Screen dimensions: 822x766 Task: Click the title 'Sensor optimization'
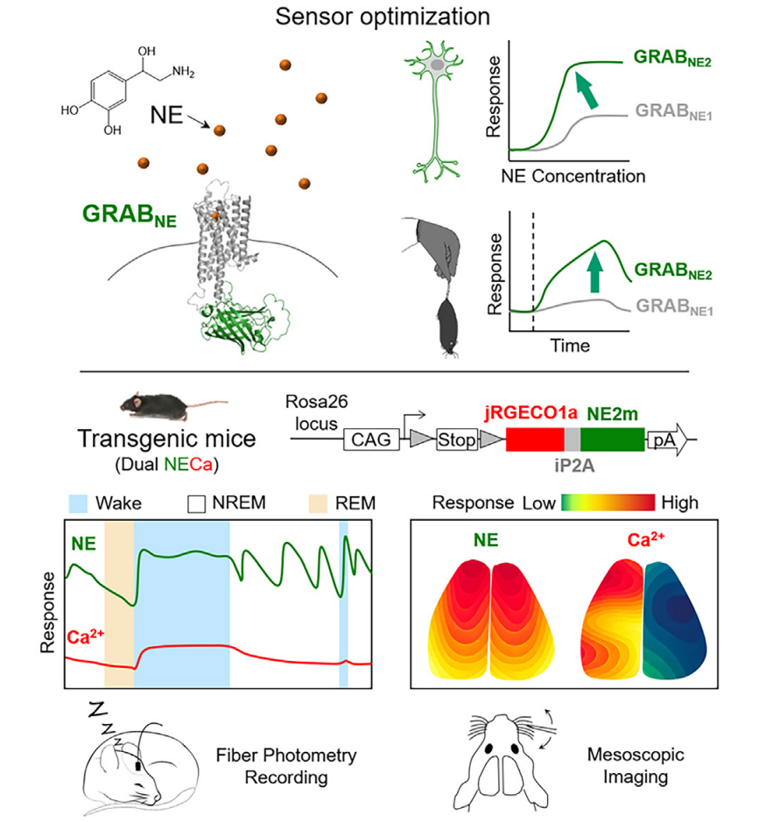[x=383, y=18]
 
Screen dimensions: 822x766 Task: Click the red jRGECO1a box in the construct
[x=534, y=439]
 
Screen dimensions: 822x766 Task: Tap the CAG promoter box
[x=369, y=439]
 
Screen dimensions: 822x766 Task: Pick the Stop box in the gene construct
[x=457, y=439]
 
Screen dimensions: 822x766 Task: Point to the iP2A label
[x=571, y=467]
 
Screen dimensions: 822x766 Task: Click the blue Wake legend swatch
[x=79, y=504]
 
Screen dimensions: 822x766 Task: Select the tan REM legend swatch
[x=320, y=504]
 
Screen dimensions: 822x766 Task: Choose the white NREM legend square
[x=198, y=504]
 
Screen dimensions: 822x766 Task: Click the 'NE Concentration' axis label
[x=573, y=176]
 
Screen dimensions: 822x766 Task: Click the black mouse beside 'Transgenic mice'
[x=156, y=404]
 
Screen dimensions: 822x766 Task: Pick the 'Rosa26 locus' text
[x=314, y=411]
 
